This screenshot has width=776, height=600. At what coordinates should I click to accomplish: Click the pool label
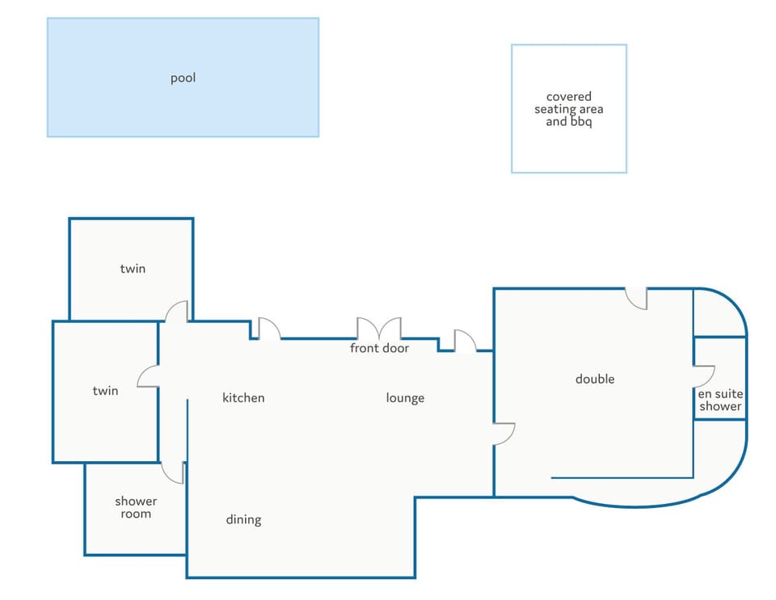(x=183, y=78)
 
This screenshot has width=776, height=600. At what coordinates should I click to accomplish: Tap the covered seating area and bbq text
(x=568, y=109)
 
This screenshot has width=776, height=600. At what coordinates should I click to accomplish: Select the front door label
(x=380, y=348)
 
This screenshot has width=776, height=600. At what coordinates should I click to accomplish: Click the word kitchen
(x=243, y=398)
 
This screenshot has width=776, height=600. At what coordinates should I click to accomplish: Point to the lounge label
(x=405, y=398)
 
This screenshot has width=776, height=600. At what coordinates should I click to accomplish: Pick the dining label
(x=243, y=520)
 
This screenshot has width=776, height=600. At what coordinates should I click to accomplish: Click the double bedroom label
(x=595, y=379)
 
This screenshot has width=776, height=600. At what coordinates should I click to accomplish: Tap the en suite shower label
(x=720, y=401)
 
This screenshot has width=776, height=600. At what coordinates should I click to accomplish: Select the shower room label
(x=136, y=508)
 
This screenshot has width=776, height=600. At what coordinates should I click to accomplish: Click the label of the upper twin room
(x=133, y=268)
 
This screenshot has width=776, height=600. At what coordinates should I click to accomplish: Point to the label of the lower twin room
(x=105, y=391)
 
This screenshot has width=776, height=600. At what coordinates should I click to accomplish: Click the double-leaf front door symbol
(x=379, y=328)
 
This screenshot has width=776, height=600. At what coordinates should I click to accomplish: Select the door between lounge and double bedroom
(x=504, y=434)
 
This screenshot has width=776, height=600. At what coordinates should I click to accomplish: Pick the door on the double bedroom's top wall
(x=636, y=299)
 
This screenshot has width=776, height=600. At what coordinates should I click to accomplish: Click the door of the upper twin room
(x=176, y=312)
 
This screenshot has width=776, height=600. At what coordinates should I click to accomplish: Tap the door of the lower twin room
(x=147, y=376)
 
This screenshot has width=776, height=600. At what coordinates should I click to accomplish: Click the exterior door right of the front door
(x=466, y=341)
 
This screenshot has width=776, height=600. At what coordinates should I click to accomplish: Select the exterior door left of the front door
(x=270, y=328)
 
